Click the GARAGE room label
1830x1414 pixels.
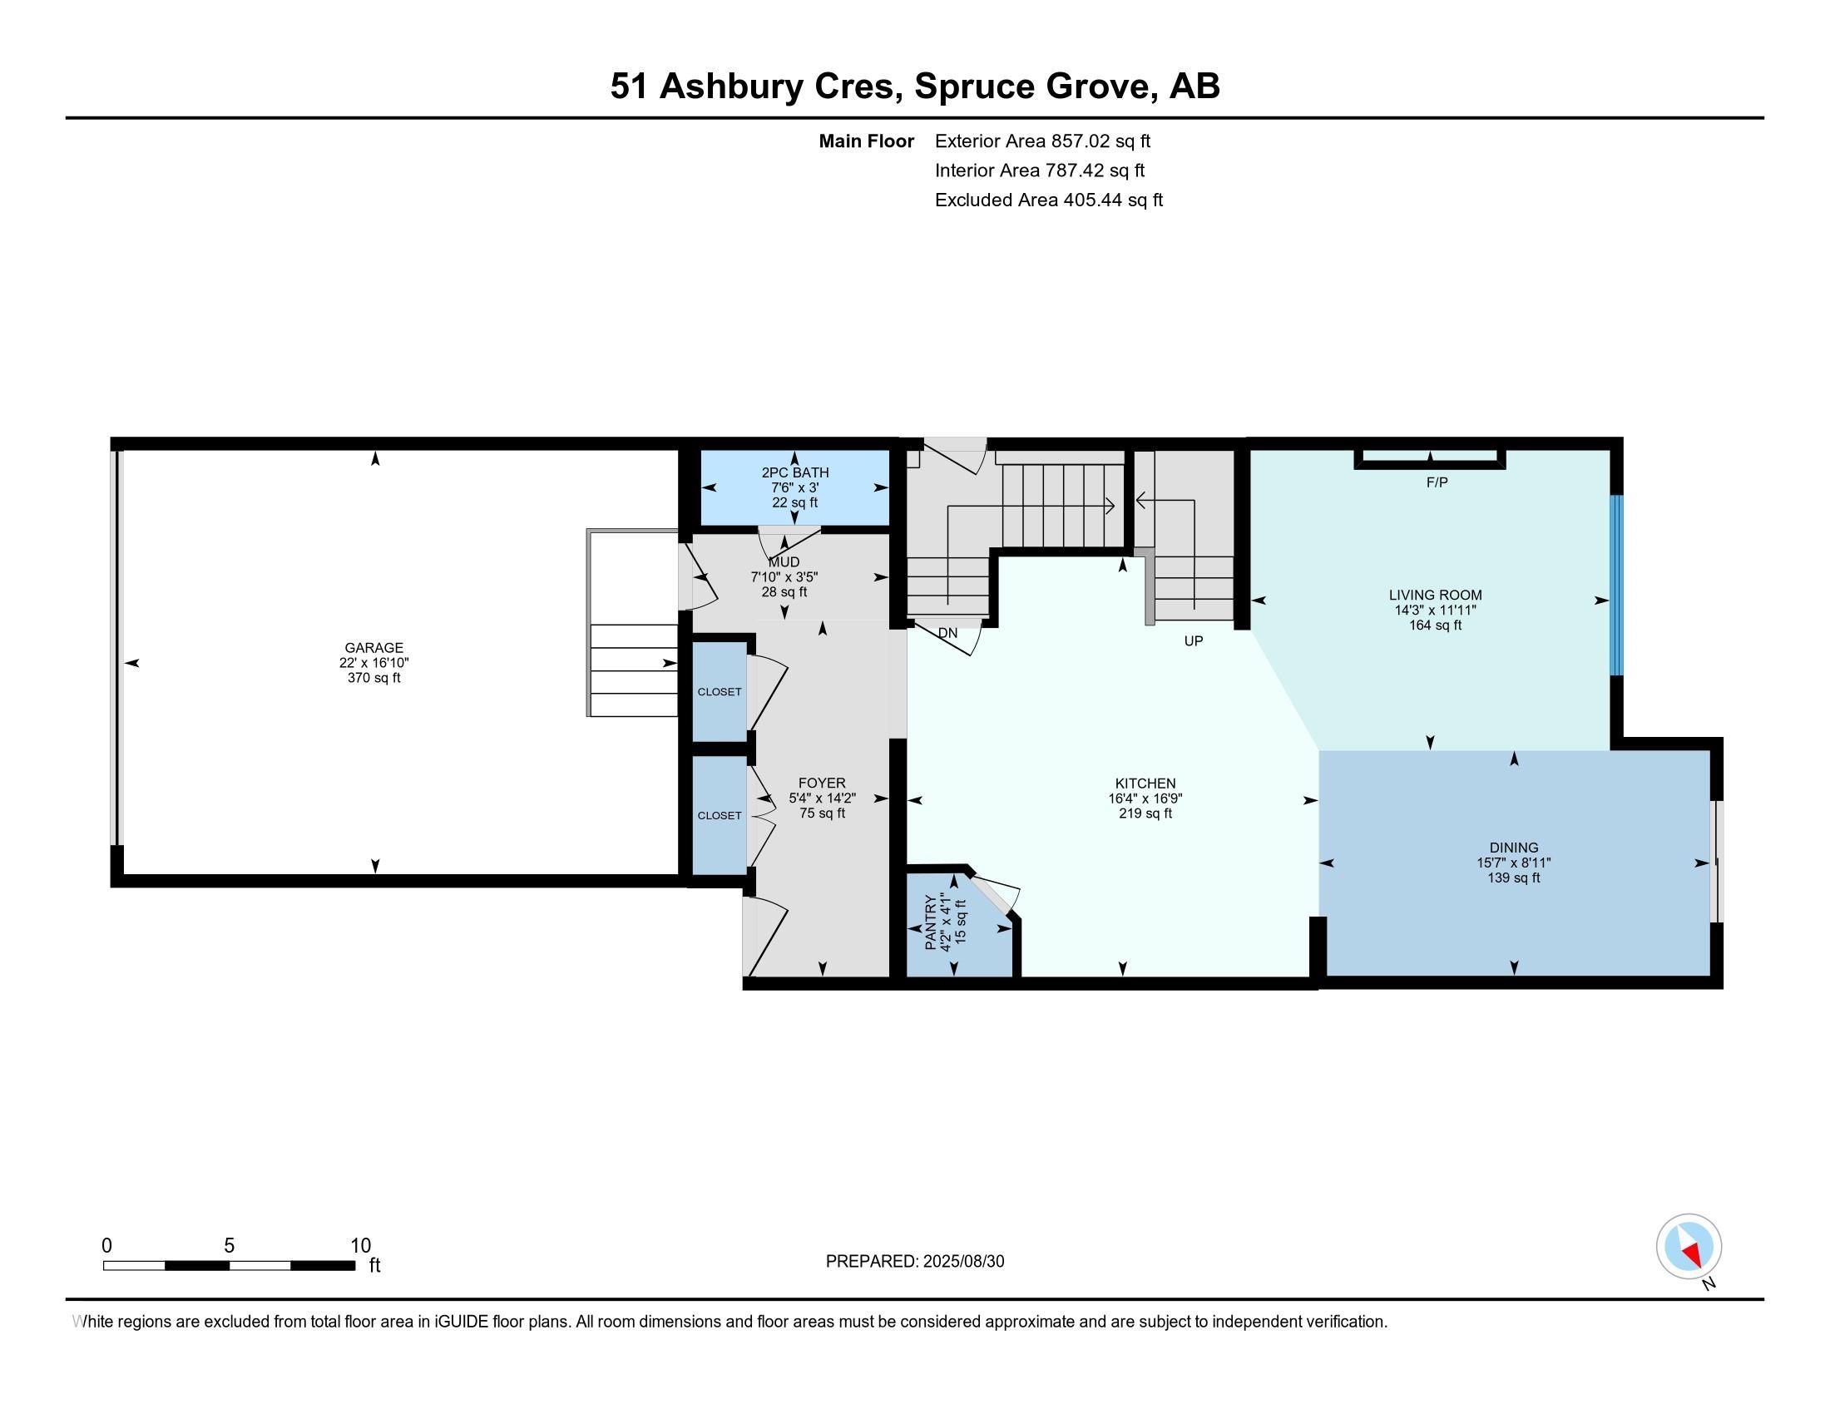click(373, 647)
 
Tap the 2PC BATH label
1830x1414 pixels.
click(794, 472)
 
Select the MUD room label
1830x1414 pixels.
click(784, 562)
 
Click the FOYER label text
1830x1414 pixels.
click(821, 784)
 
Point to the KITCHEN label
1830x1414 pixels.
click(1145, 784)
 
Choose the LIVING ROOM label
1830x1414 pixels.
click(1435, 595)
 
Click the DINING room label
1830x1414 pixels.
click(1513, 848)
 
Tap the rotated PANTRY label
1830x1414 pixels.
click(930, 922)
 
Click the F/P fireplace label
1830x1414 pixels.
click(1437, 482)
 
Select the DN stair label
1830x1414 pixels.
click(947, 633)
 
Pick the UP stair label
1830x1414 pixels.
click(1193, 640)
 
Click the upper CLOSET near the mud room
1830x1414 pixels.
click(719, 692)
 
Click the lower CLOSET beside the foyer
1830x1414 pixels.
click(719, 815)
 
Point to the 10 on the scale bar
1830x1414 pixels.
click(360, 1246)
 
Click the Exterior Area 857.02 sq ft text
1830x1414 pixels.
click(1041, 141)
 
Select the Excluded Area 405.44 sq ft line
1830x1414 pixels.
click(1048, 200)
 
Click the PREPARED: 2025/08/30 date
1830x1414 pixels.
click(914, 1262)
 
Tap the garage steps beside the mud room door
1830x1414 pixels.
click(634, 670)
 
